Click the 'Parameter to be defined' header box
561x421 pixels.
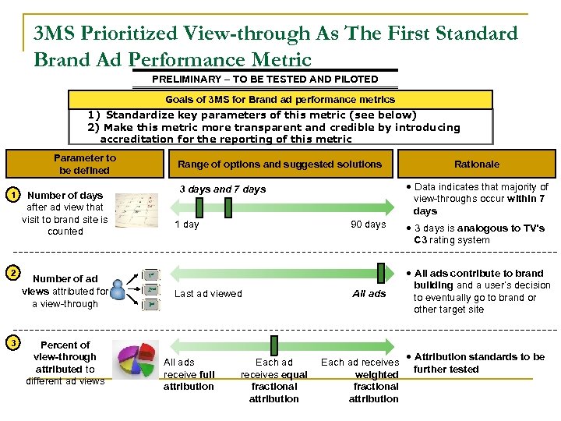pyautogui.click(x=85, y=164)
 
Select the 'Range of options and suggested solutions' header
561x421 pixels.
pyautogui.click(x=280, y=164)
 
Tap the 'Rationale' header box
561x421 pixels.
pyautogui.click(x=476, y=164)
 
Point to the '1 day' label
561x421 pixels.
pyautogui.click(x=186, y=225)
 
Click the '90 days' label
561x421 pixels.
pyautogui.click(x=368, y=225)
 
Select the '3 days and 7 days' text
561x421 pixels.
pyautogui.click(x=223, y=189)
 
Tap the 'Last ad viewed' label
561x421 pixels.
pyautogui.click(x=208, y=294)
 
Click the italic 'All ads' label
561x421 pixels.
pyautogui.click(x=369, y=294)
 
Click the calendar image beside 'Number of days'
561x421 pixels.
pyautogui.click(x=137, y=211)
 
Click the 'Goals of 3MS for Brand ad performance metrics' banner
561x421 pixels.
pyautogui.click(x=280, y=100)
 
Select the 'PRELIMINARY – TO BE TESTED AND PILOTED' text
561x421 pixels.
pyautogui.click(x=265, y=79)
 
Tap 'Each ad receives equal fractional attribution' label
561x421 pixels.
pyautogui.click(x=274, y=380)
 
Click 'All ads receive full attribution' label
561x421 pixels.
pyautogui.click(x=189, y=374)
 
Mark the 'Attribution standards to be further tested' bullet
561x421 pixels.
pyautogui.click(x=478, y=363)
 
